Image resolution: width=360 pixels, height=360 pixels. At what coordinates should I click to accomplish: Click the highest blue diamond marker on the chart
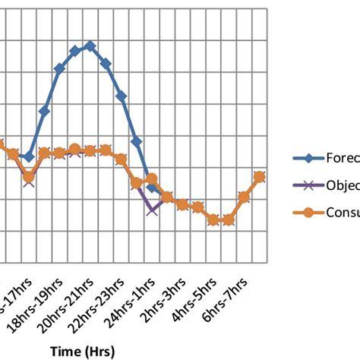point(90,46)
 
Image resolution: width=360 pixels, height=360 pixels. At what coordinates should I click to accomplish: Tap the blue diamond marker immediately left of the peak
point(75,51)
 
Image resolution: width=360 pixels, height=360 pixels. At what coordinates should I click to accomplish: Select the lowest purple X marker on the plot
point(152,208)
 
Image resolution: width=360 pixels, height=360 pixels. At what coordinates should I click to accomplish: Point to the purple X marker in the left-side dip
point(29,181)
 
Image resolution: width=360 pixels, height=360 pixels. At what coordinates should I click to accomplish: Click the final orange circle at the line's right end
point(259,176)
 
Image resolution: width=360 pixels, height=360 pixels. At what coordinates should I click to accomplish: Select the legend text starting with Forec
point(343,158)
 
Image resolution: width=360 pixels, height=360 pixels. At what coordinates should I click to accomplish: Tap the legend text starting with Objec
point(343,185)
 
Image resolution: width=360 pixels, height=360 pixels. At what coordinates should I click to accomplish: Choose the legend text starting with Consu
point(343,212)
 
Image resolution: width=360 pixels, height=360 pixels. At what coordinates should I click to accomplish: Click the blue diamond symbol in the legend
point(308,158)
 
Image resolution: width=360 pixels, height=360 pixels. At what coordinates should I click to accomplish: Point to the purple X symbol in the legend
point(308,185)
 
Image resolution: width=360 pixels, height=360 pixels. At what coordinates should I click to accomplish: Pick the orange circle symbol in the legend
point(308,212)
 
